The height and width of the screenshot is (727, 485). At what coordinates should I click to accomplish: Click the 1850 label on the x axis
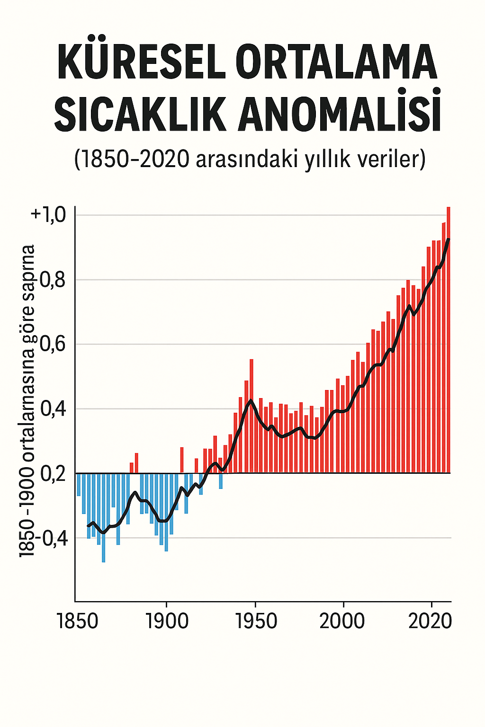tap(78, 621)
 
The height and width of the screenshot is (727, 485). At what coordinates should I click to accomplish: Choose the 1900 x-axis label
tap(167, 621)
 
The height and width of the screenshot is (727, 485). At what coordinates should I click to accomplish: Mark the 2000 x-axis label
tap(342, 621)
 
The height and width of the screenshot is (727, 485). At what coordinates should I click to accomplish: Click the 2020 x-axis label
tap(430, 621)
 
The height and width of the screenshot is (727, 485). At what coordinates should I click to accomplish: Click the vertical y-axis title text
tap(27, 400)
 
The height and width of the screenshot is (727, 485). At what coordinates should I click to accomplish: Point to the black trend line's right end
tap(448, 239)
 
